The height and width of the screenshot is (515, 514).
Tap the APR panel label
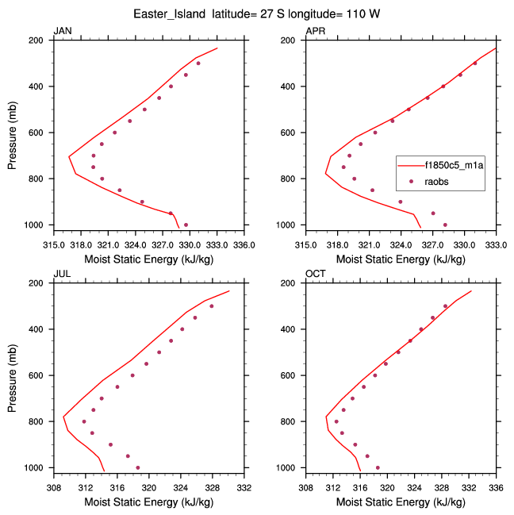click(x=315, y=31)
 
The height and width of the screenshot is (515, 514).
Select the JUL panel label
click(x=61, y=274)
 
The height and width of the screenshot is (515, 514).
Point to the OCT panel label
click(x=315, y=274)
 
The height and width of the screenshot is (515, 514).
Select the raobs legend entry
click(x=441, y=182)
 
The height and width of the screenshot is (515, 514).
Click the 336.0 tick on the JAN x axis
click(x=244, y=236)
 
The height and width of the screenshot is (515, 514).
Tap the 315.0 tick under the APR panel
click(x=306, y=236)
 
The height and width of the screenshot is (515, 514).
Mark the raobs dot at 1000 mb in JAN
click(x=186, y=225)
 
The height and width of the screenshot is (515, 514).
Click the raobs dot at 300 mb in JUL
click(x=212, y=306)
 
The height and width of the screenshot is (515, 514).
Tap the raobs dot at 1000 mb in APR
click(x=445, y=225)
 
